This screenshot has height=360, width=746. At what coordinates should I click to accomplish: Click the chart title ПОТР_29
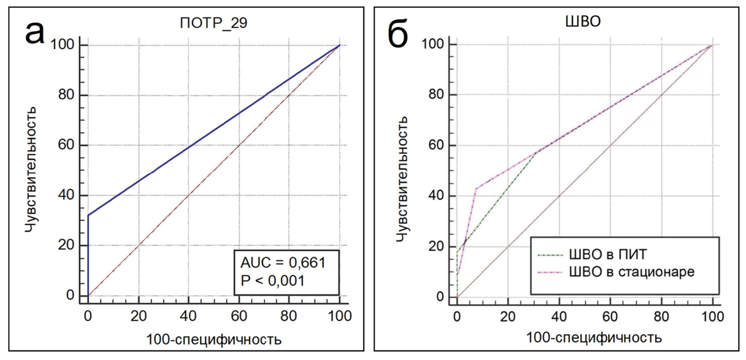click(213, 23)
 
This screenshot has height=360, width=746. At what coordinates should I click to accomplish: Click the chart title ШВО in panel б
click(583, 21)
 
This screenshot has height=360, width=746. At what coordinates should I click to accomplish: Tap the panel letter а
click(35, 32)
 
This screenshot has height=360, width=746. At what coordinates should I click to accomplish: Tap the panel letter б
click(397, 34)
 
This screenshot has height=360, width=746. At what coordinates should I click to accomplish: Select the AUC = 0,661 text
click(283, 262)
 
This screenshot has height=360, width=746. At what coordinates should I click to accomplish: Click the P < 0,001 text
click(272, 281)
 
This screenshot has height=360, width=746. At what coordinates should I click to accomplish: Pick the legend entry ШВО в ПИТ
click(607, 254)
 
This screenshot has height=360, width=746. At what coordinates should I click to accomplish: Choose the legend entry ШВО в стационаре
click(631, 272)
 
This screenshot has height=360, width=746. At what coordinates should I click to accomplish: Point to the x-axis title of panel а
click(214, 340)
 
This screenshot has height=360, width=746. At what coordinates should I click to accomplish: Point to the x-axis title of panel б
click(593, 338)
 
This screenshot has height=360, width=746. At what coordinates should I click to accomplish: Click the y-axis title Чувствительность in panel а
click(31, 169)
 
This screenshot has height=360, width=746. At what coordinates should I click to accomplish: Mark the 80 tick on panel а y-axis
click(66, 95)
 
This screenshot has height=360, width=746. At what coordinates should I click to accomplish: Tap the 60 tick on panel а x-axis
click(239, 316)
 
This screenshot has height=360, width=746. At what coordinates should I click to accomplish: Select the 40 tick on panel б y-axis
click(436, 195)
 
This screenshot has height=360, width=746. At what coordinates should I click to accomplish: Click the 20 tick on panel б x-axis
click(508, 317)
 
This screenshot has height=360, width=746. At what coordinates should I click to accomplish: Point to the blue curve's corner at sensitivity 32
click(88, 215)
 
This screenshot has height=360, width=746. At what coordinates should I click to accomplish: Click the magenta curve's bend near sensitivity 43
click(476, 188)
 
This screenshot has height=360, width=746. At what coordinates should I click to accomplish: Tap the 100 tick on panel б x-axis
click(712, 317)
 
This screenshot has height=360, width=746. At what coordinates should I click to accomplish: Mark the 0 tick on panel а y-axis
click(70, 295)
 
